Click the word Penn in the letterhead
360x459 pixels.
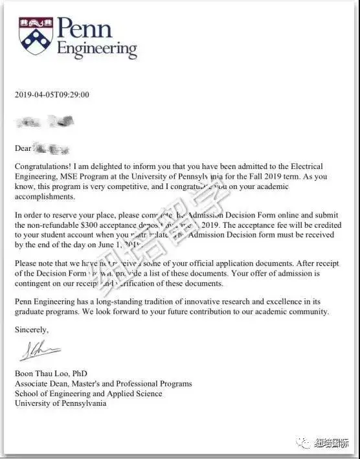(x=85, y=28)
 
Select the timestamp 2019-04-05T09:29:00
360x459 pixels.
(x=52, y=95)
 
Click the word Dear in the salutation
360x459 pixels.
(x=23, y=148)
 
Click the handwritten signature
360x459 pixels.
(x=39, y=353)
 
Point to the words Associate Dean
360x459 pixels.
(x=43, y=384)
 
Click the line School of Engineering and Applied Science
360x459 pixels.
(x=88, y=394)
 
